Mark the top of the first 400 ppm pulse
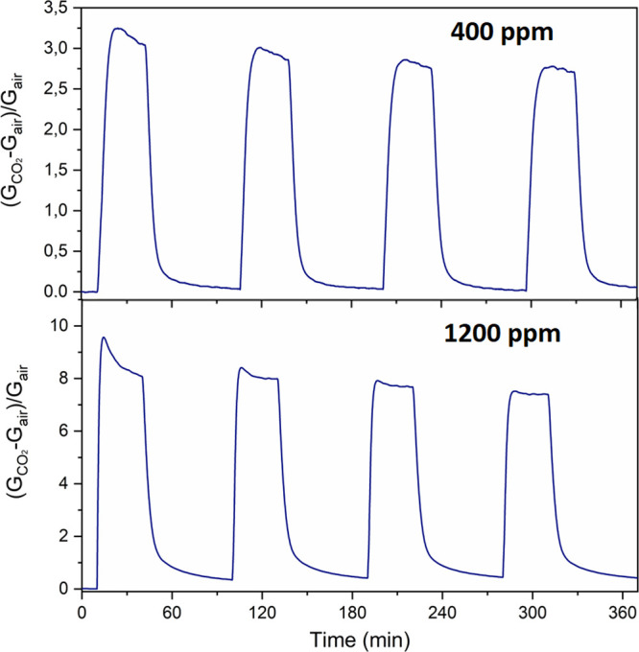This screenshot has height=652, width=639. tap(117, 29)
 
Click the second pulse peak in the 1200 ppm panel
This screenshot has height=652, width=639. tap(241, 368)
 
